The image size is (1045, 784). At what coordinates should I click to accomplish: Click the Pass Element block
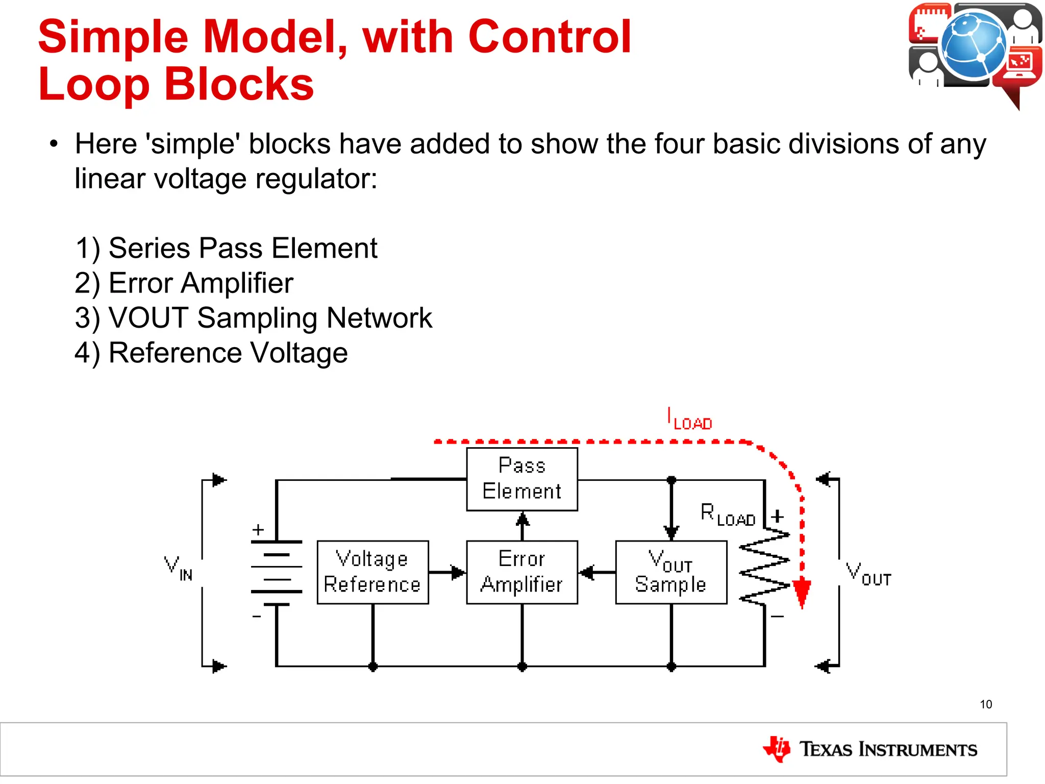pyautogui.click(x=521, y=479)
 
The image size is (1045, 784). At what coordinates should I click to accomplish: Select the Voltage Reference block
pyautogui.click(x=372, y=572)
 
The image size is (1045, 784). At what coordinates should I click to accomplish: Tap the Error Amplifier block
pyautogui.click(x=521, y=572)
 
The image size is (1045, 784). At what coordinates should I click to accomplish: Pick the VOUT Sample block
pyautogui.click(x=670, y=572)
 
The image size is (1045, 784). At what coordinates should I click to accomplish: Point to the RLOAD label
pyautogui.click(x=727, y=514)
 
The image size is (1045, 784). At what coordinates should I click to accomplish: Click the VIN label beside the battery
pyautogui.click(x=178, y=568)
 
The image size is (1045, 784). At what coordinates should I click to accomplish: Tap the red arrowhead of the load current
pyautogui.click(x=802, y=592)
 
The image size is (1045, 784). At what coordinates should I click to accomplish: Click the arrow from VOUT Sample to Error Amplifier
pyautogui.click(x=596, y=572)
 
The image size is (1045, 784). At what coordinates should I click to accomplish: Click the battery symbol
pyautogui.click(x=277, y=573)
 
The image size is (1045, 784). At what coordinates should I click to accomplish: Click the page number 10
pyautogui.click(x=985, y=704)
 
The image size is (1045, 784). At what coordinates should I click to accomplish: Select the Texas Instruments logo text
pyautogui.click(x=888, y=749)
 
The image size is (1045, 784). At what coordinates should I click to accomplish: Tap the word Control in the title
pyautogui.click(x=550, y=37)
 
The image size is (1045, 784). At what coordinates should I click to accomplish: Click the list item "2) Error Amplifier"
pyautogui.click(x=184, y=283)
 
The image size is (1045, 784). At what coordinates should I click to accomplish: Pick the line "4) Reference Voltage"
pyautogui.click(x=211, y=353)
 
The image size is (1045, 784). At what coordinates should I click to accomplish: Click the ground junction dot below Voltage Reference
pyautogui.click(x=373, y=666)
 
